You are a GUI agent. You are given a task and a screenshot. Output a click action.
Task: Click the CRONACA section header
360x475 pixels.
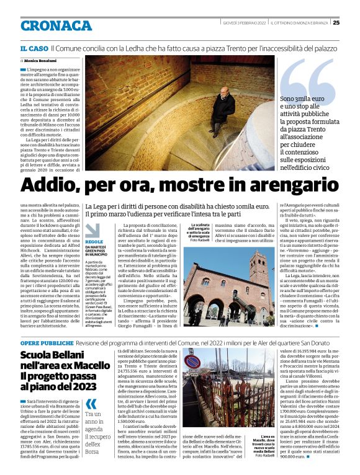tap(56, 25)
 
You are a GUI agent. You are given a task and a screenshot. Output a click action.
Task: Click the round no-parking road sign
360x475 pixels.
tap(193, 362)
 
